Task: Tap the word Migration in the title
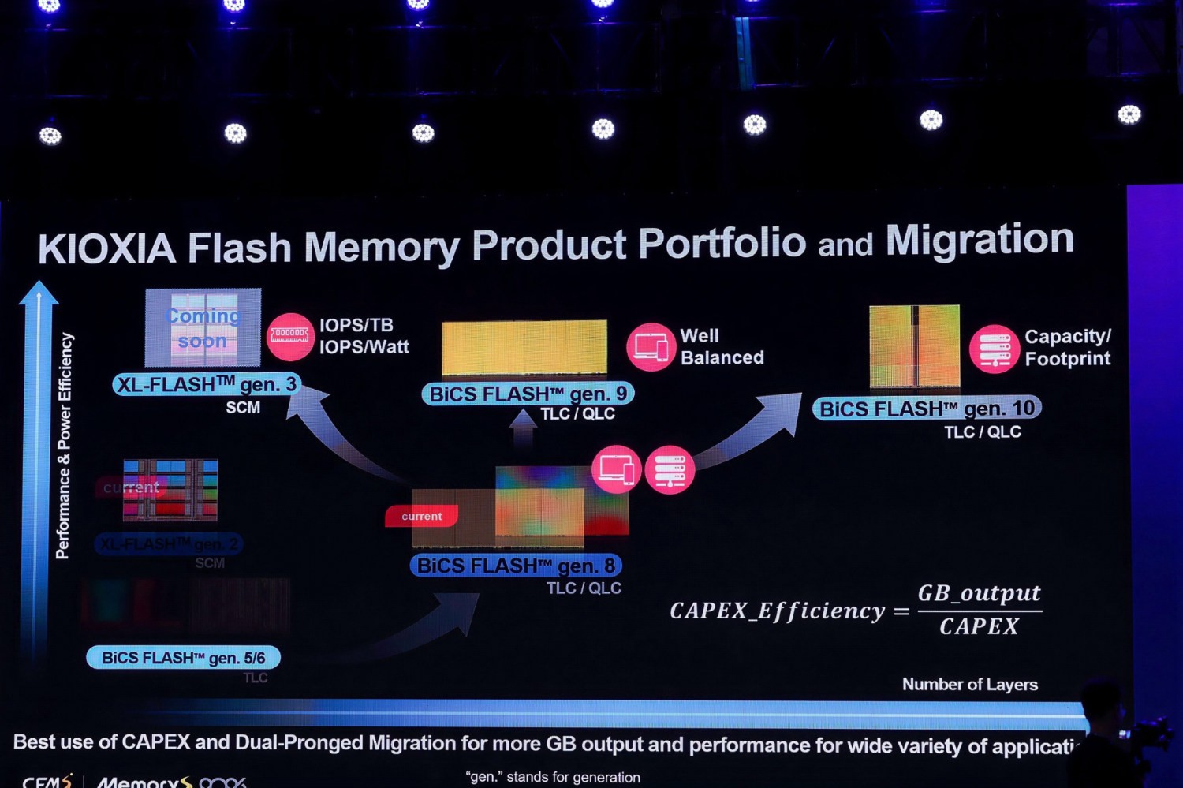(980, 240)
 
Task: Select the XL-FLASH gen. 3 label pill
(207, 385)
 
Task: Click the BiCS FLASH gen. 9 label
(528, 394)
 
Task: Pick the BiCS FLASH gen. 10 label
(927, 409)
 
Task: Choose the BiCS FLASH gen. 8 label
(516, 566)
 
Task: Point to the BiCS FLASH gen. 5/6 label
(183, 658)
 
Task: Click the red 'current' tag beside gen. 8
(421, 517)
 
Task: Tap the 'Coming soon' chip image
(203, 328)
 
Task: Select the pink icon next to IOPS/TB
(290, 337)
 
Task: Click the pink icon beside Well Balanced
(651, 347)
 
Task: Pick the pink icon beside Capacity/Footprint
(994, 349)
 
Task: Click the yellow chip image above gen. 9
(524, 347)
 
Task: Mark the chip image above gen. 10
(914, 346)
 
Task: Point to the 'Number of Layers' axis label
(969, 685)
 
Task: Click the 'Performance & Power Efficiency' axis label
(64, 446)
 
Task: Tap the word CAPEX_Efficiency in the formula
(777, 611)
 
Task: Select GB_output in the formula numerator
(979, 593)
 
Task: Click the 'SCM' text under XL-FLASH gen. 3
(243, 408)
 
